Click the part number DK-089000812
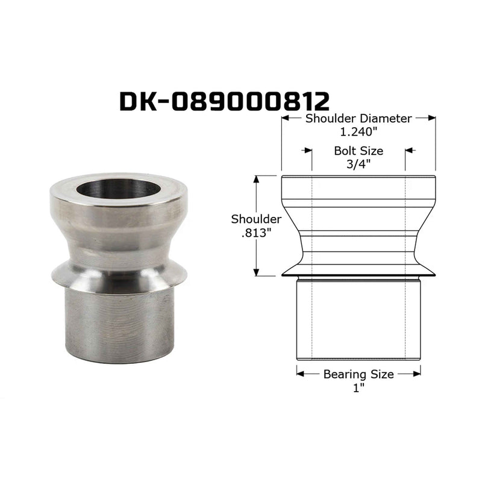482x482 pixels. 224,101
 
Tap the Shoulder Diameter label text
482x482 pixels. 358,119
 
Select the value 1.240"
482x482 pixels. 358,131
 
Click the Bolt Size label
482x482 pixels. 358,151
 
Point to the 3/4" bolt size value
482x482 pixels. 358,163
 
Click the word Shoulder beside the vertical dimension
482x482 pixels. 257,219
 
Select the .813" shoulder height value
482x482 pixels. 257,233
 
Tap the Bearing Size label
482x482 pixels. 358,374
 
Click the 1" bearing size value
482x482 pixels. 358,387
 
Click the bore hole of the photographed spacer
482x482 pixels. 118,189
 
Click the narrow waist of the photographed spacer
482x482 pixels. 119,247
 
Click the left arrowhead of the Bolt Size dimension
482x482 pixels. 307,151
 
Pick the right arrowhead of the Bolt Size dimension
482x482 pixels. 409,151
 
